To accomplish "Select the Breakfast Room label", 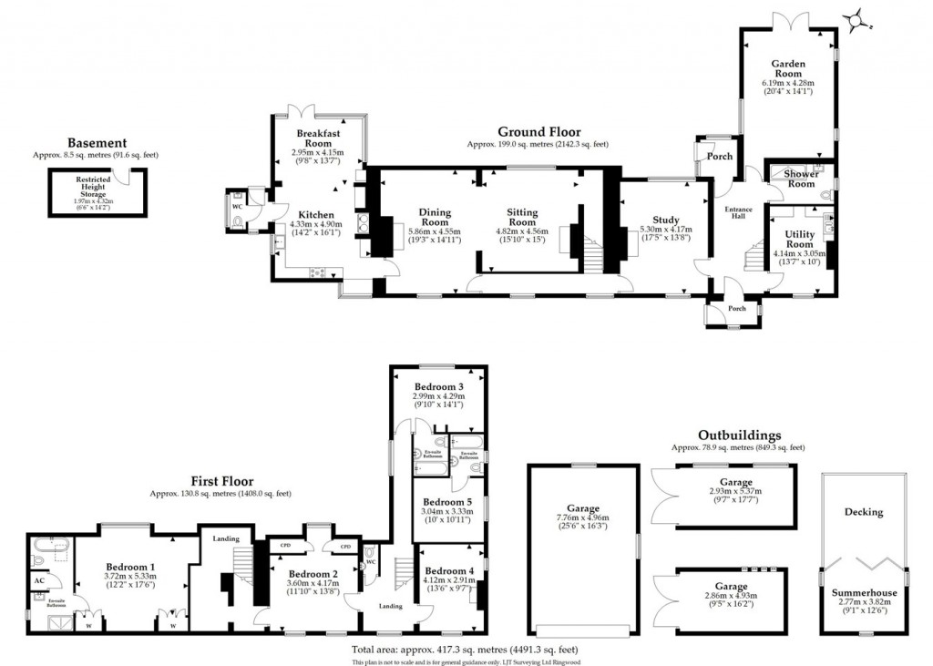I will click(317, 138).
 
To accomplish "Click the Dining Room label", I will click(434, 218).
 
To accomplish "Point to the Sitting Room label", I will click(522, 218).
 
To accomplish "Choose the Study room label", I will click(666, 220).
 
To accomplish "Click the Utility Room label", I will click(799, 240).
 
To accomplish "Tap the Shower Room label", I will click(801, 178).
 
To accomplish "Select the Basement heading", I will click(97, 143).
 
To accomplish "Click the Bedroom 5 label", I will click(448, 502).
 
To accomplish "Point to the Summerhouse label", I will click(864, 593).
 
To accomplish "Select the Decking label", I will click(863, 512).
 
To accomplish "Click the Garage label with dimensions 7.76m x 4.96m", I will click(583, 508).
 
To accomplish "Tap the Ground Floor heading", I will click(538, 132).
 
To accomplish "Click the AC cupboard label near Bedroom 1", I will click(39, 580).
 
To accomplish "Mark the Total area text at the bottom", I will click(465, 650).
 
